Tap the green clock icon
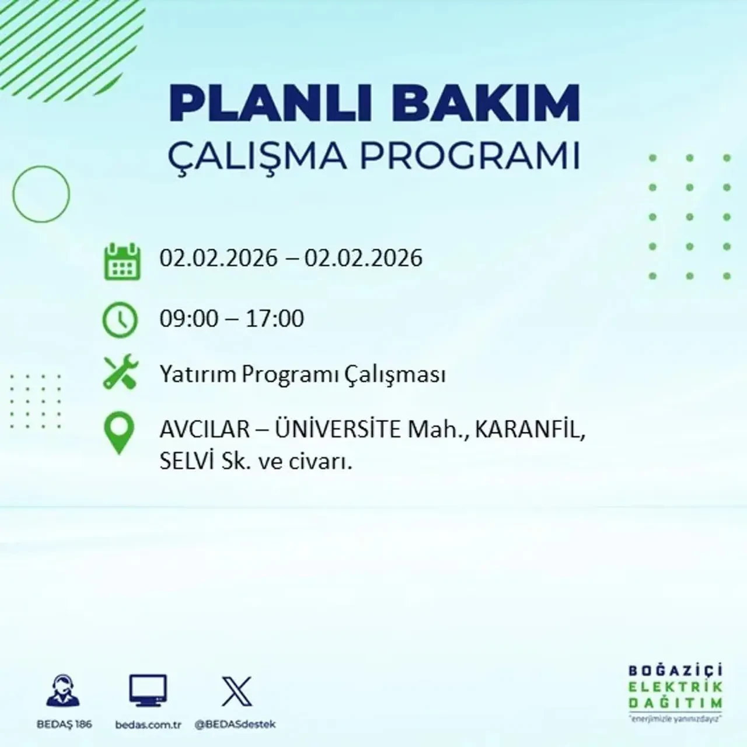pos(120,320)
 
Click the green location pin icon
pos(119,433)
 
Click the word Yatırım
pos(198,374)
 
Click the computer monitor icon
pos(148,691)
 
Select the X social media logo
pos(237,692)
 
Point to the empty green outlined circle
pos(41,194)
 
